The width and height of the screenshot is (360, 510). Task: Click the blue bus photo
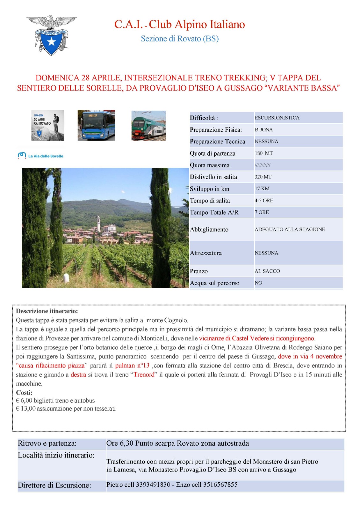(96, 126)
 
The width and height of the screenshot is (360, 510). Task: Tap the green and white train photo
(148, 126)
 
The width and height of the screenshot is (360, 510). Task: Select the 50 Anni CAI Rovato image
(47, 126)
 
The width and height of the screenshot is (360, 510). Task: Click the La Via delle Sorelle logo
(41, 156)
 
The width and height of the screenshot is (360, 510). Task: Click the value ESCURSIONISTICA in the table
(277, 118)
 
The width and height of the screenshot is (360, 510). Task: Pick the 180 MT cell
(263, 153)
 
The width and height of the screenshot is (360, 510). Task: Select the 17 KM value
(262, 188)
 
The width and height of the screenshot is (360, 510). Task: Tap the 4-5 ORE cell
(264, 200)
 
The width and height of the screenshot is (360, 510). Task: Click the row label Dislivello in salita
(213, 177)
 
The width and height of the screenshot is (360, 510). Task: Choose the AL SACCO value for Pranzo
(267, 271)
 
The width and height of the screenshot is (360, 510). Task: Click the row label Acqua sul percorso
(214, 283)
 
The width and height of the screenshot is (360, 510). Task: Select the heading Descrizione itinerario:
(47, 311)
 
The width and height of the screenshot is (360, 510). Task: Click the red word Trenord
(144, 375)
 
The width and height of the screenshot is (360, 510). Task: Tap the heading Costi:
(24, 393)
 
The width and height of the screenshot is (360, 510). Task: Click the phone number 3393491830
(153, 484)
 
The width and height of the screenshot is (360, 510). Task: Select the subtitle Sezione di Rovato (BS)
(180, 39)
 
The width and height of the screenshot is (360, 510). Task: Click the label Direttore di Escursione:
(54, 485)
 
